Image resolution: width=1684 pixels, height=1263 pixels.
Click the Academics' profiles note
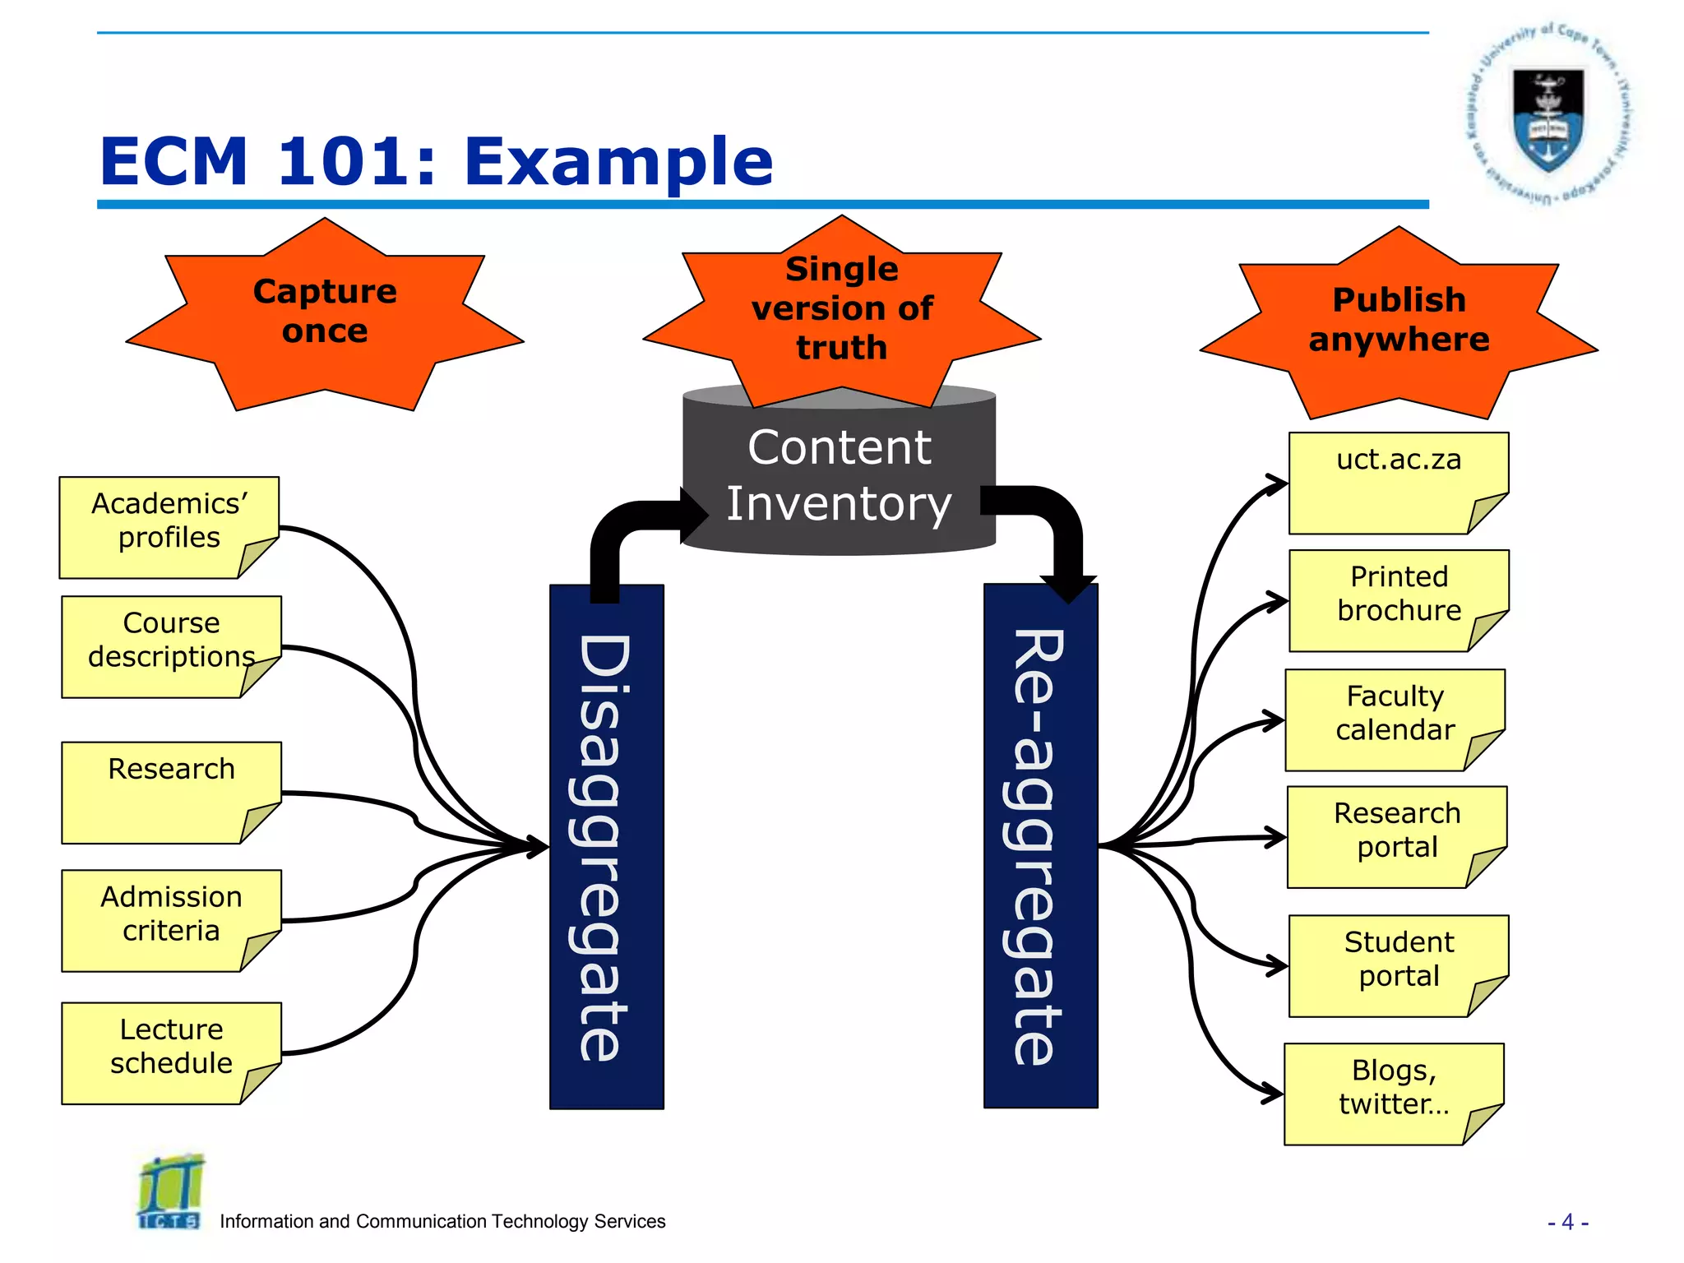click(169, 527)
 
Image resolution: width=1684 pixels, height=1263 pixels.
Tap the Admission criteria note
click(171, 920)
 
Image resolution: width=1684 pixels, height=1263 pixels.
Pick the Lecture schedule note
click(171, 1052)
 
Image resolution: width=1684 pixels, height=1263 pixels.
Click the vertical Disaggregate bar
click(606, 847)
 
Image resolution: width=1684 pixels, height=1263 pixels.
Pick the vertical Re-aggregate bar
click(1040, 847)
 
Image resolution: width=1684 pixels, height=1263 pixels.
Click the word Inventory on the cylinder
click(839, 504)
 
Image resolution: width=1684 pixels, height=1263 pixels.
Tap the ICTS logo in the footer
click(170, 1192)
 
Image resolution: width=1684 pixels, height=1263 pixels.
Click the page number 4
click(1567, 1222)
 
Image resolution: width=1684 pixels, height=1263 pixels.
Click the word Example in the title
click(618, 162)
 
